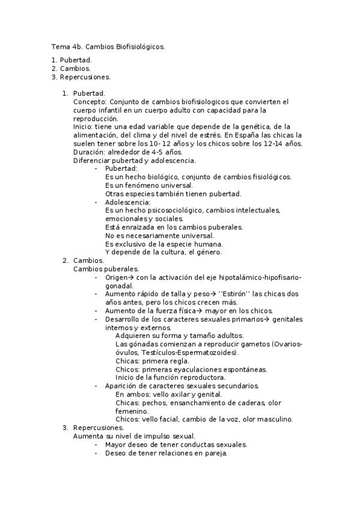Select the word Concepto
coord(90,102)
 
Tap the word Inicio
coord(83,126)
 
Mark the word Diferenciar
coord(92,160)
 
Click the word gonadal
coord(119,286)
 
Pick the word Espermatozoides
coord(206,352)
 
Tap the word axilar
coord(179,395)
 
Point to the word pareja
coord(215,453)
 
